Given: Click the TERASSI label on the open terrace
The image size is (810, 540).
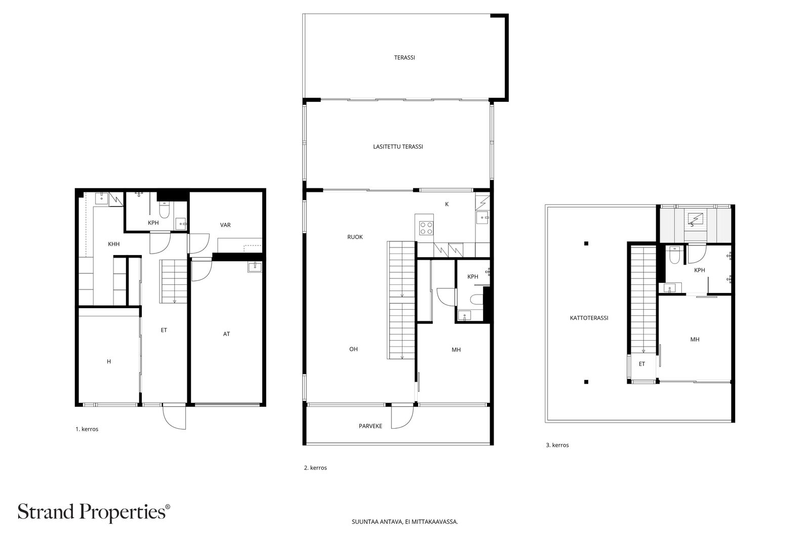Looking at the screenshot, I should click(404, 58).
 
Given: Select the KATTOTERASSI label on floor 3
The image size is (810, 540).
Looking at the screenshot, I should click(589, 318).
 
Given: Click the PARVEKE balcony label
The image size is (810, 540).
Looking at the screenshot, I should click(370, 426).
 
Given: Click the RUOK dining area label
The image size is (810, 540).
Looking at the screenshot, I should click(354, 237).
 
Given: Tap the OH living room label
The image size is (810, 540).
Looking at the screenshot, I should click(353, 349).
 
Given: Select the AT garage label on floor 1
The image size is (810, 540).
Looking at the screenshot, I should click(226, 334).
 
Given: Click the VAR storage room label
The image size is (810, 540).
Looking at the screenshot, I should click(225, 225).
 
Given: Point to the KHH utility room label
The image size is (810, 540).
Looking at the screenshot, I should click(114, 244).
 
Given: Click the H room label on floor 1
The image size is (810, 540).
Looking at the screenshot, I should click(109, 362).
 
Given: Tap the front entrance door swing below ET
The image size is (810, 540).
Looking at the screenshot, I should click(174, 418).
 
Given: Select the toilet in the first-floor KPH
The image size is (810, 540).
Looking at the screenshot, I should click(165, 209).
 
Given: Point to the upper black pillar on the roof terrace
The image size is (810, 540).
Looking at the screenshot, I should click(586, 243).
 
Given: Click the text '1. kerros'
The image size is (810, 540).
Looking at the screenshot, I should click(87, 429).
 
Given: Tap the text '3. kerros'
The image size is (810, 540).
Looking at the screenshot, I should click(557, 445).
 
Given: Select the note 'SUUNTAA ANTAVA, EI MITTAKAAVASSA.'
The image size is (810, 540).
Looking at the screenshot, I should click(404, 522).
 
